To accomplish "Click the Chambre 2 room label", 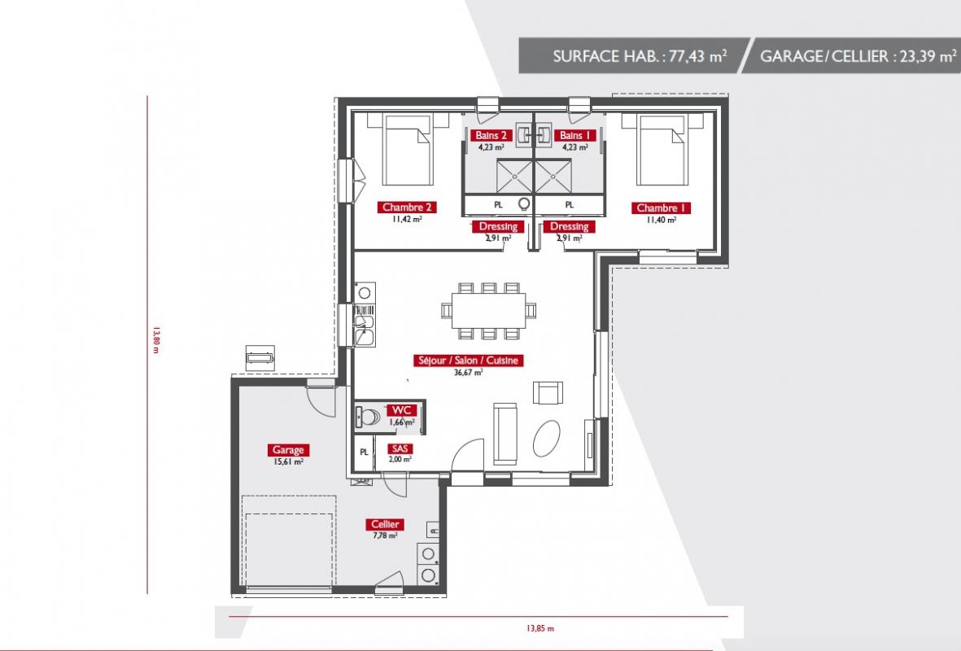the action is pos(407,208).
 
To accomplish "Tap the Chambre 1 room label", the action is pos(661,208).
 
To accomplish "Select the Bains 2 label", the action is pos(491,135).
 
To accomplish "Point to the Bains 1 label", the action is pos(574,135).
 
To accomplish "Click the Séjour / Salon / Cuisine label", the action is pos(468,360).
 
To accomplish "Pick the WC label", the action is pos(401,410).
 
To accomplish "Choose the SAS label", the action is pos(400,448).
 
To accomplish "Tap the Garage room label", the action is pos(288,450).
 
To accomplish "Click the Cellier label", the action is pos(385,524).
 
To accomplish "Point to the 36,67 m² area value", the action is pos(468,372).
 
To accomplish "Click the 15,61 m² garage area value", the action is pos(288,461).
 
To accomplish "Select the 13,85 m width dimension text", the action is pos(540,628).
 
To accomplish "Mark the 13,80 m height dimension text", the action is pos(155,340).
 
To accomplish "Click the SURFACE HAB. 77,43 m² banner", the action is pos(635,56).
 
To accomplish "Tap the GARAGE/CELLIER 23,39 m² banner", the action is pos(853,56).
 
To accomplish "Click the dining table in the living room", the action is pos(488,310).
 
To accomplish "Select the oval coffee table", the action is pos(546,439).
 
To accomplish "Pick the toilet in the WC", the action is pos(369,417).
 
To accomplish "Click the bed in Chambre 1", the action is pos(662,149).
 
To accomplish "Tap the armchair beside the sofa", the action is pos(548,392).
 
